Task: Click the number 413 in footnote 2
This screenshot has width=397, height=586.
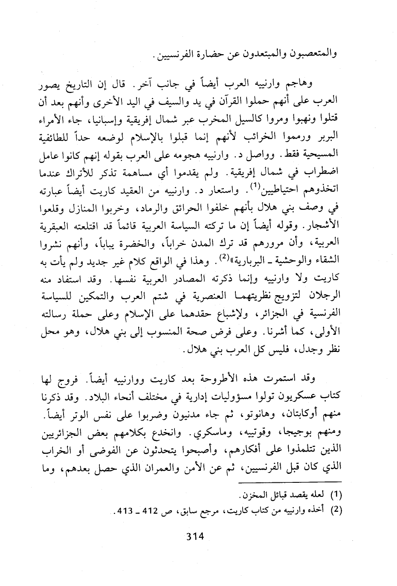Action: (x=112, y=511)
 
